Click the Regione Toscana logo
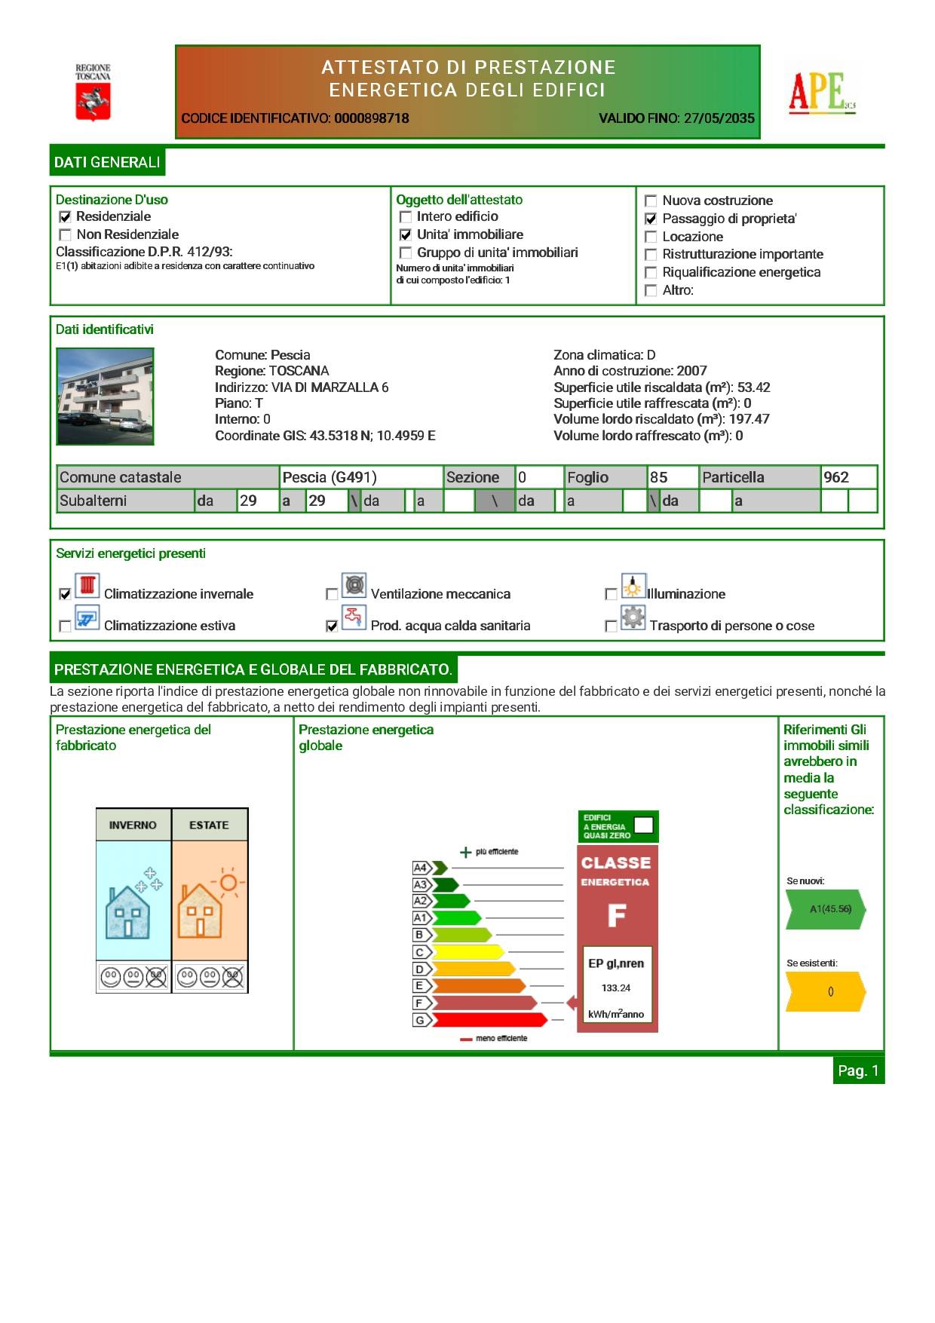93,93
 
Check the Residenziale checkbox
66,217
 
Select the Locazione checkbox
651,237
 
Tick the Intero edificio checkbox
406,217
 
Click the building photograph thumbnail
106,396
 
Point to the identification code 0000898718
371,118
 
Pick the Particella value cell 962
836,477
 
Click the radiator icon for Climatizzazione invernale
87,586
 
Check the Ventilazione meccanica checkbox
332,595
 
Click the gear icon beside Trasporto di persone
633,617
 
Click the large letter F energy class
617,915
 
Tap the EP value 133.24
616,988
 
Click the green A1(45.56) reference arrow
826,909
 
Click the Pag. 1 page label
858,1070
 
